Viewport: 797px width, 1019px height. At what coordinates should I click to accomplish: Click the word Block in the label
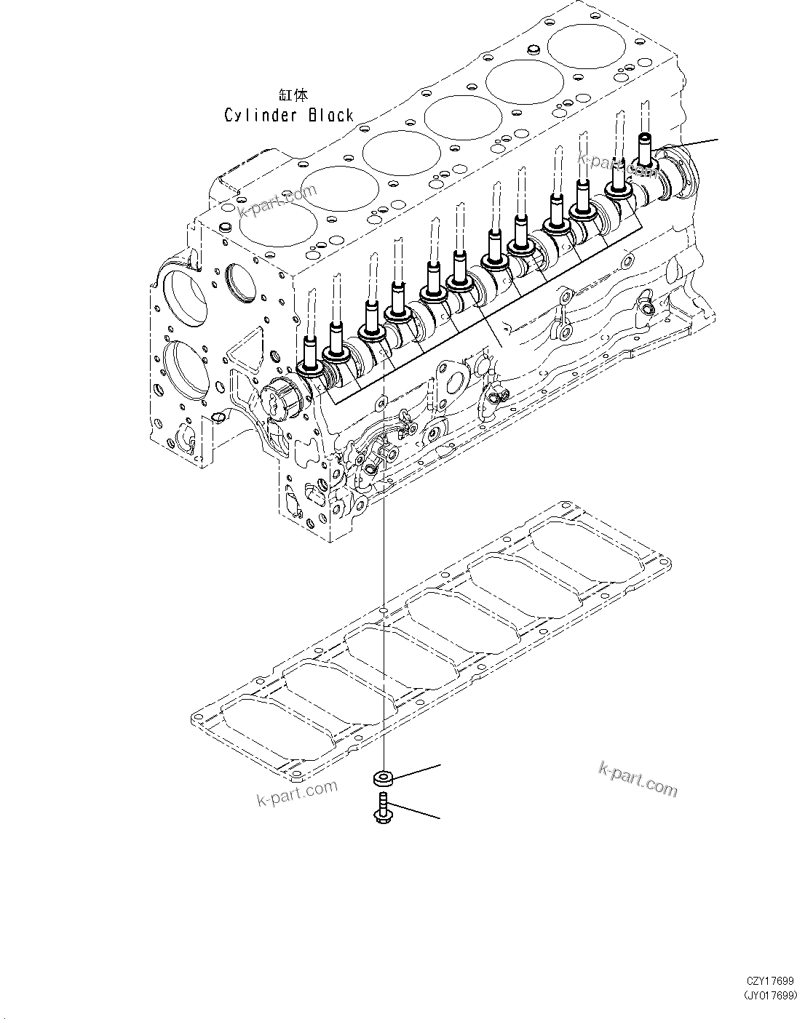(x=329, y=115)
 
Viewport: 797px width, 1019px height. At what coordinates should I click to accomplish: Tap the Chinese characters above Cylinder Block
(x=293, y=95)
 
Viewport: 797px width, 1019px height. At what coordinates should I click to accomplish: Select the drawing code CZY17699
(x=769, y=981)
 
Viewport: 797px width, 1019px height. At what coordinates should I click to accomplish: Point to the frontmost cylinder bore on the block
(x=271, y=221)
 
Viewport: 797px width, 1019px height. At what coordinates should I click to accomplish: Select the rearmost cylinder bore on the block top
(x=584, y=45)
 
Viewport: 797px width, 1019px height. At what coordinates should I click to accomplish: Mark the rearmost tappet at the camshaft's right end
(x=644, y=149)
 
